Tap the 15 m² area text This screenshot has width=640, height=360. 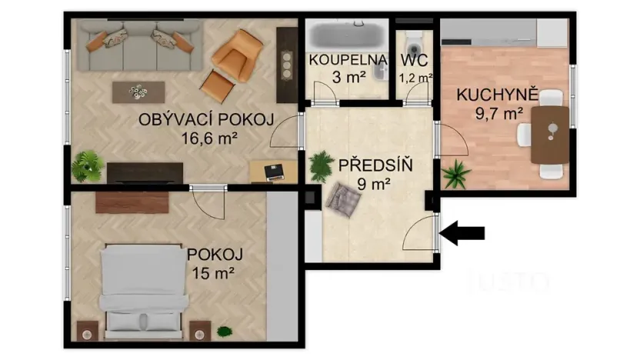point(211,272)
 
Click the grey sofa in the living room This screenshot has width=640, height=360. point(138,45)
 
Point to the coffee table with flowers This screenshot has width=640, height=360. point(139,92)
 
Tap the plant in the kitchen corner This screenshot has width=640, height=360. point(456,174)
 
